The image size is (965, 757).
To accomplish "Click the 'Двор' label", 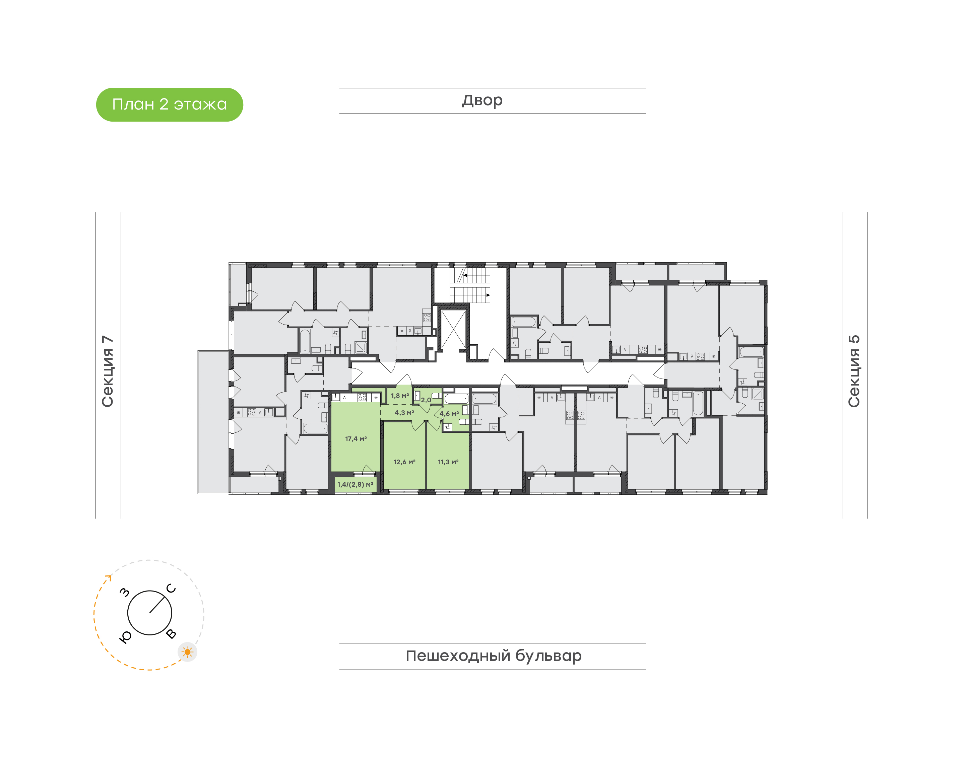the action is coord(482,100).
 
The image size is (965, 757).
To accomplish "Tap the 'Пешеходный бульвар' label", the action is coord(493,656).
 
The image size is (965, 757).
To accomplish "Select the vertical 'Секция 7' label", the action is coord(108,371).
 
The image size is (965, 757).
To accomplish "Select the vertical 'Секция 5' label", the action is coord(854,371).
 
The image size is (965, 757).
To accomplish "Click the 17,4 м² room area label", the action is coord(356,439).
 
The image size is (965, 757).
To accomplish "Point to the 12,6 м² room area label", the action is coord(404,462).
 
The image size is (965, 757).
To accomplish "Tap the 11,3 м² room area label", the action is coord(448,462).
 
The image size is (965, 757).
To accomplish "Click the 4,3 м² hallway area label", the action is coord(404,413).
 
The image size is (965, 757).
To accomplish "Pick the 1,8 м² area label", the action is coord(400,396).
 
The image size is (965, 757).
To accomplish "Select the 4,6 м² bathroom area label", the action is coord(449,414).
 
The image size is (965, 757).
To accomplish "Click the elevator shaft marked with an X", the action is coord(453,329).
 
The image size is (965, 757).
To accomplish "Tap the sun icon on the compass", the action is coord(188,652).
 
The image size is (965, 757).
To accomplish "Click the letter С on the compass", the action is coord(171,588).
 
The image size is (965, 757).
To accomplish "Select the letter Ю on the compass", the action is coord(125,637).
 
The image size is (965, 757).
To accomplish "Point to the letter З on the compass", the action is coord(125,592).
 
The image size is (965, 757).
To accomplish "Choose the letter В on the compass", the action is coord(171,634).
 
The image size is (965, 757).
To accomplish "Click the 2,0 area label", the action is coord(426,400).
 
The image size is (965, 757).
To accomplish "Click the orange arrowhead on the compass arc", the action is coord(108,577).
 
